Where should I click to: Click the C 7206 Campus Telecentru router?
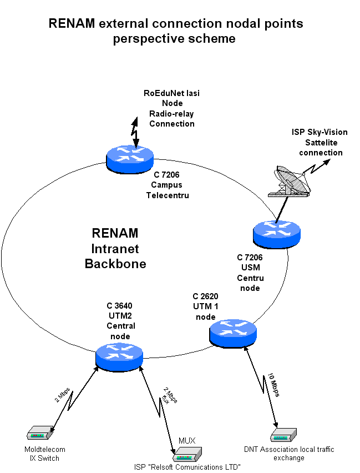[x=130, y=157]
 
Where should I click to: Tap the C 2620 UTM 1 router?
[x=233, y=333]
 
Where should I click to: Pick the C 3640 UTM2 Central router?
[x=119, y=356]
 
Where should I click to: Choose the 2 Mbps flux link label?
[x=170, y=396]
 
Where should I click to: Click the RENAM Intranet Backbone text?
[x=115, y=248]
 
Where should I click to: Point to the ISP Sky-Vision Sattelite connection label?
[x=320, y=142]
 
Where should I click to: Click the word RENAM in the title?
[x=72, y=24]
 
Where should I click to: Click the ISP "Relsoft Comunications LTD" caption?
[x=187, y=467]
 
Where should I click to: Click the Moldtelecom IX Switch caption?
[x=44, y=454]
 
